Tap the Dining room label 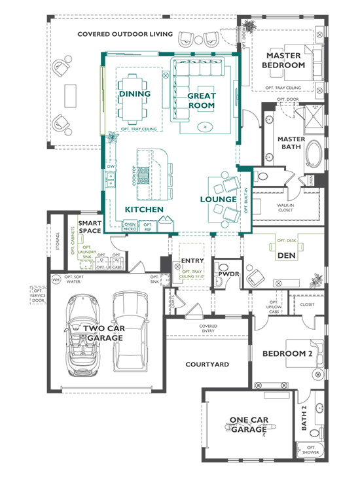pyautogui.click(x=135, y=94)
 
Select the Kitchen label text pyautogui.click(x=143, y=209)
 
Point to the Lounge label pyautogui.click(x=218, y=199)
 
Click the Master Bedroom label pyautogui.click(x=283, y=60)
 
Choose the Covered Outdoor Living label pyautogui.click(x=125, y=34)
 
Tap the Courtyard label pyautogui.click(x=206, y=364)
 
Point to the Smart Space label pyautogui.click(x=90, y=227)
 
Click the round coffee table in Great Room pyautogui.click(x=206, y=126)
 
